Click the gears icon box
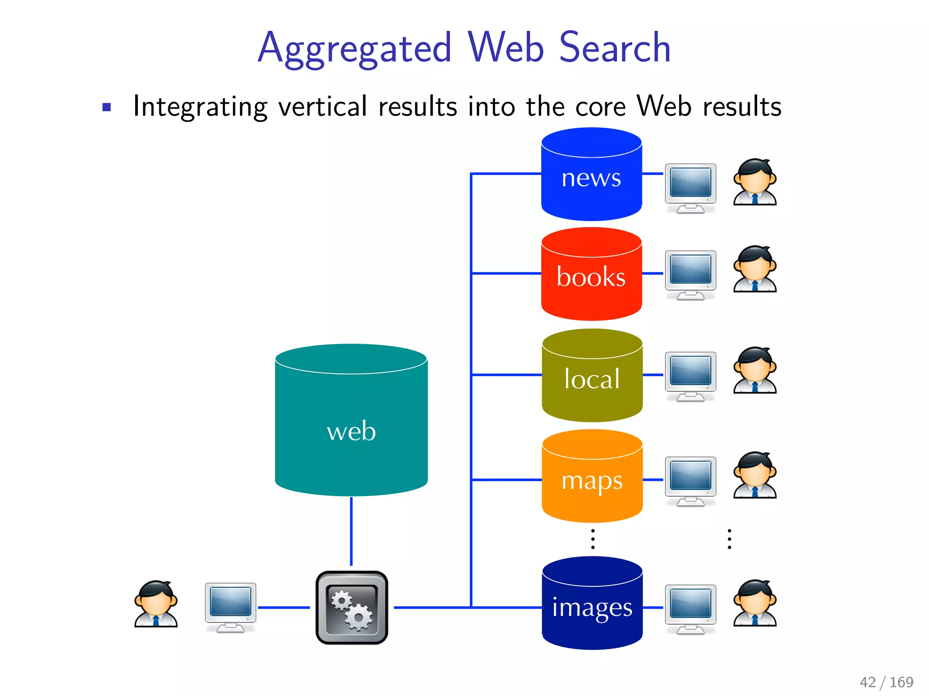click(x=352, y=607)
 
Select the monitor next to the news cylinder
click(x=690, y=188)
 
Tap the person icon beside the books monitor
click(x=755, y=269)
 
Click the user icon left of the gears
click(x=156, y=604)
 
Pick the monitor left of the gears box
click(x=230, y=607)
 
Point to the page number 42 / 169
click(x=886, y=682)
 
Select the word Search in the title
click(x=615, y=47)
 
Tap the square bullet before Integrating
click(x=107, y=107)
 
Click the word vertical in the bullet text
click(x=323, y=106)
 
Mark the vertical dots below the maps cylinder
click(x=592, y=539)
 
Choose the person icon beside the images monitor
click(x=755, y=603)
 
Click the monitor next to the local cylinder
click(x=690, y=376)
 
